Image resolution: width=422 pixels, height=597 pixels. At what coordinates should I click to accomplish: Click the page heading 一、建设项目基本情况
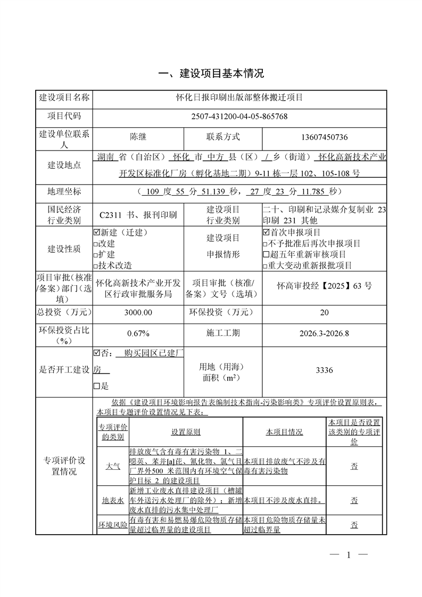[x=212, y=73]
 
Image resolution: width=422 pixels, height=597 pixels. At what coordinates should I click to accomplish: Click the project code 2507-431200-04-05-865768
[x=239, y=117]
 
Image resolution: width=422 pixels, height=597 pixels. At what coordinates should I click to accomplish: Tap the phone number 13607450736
[x=324, y=137]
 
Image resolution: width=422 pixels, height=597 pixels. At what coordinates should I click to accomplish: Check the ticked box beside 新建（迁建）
[x=96, y=233]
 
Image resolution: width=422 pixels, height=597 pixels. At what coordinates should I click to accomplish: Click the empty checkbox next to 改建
[x=96, y=243]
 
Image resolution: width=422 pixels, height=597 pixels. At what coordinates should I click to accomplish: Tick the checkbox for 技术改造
[x=96, y=265]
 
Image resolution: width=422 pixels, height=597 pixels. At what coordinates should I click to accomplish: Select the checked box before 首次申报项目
[x=266, y=233]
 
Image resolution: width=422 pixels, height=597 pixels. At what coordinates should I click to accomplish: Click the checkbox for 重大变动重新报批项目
[x=266, y=265]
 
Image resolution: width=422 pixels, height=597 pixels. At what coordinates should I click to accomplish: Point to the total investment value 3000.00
[x=138, y=313]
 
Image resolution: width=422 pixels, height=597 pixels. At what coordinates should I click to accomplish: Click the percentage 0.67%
[x=138, y=334]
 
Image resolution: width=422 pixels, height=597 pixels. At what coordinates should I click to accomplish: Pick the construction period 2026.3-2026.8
[x=324, y=334]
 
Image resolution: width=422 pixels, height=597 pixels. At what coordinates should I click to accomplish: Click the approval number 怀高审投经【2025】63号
[x=324, y=286]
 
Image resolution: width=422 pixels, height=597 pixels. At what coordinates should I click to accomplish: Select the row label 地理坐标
[x=64, y=192]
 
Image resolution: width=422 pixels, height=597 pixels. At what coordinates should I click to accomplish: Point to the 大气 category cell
[x=113, y=466]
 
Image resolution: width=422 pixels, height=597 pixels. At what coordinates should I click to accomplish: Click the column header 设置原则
[x=186, y=432]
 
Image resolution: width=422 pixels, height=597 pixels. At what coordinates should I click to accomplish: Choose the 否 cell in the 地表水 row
[x=354, y=501]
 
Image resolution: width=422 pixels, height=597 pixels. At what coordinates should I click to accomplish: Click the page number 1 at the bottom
[x=349, y=555]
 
